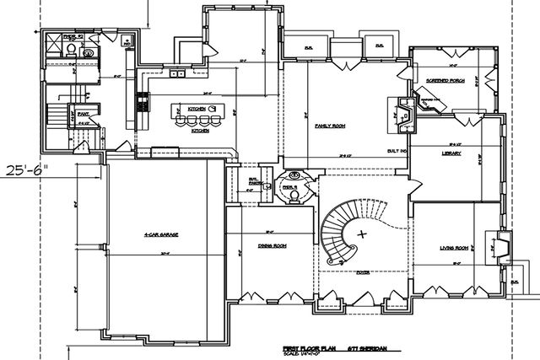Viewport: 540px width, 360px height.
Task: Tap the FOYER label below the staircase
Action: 364,271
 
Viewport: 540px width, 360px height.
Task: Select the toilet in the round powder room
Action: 293,193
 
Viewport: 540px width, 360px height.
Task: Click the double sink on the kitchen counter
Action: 179,75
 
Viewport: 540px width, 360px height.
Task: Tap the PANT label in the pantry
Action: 83,110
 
